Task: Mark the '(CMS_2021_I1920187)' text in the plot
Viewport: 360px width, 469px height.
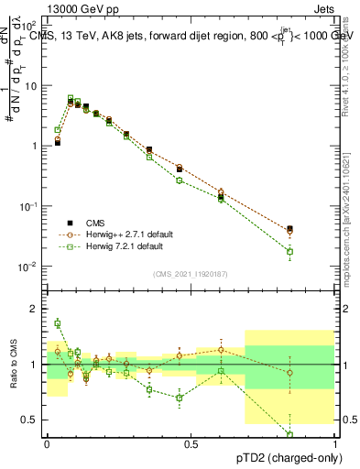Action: (190, 273)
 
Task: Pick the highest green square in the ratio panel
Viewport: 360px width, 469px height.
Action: (58, 322)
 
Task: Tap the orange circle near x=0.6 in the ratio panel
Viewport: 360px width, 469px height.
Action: (221, 350)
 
